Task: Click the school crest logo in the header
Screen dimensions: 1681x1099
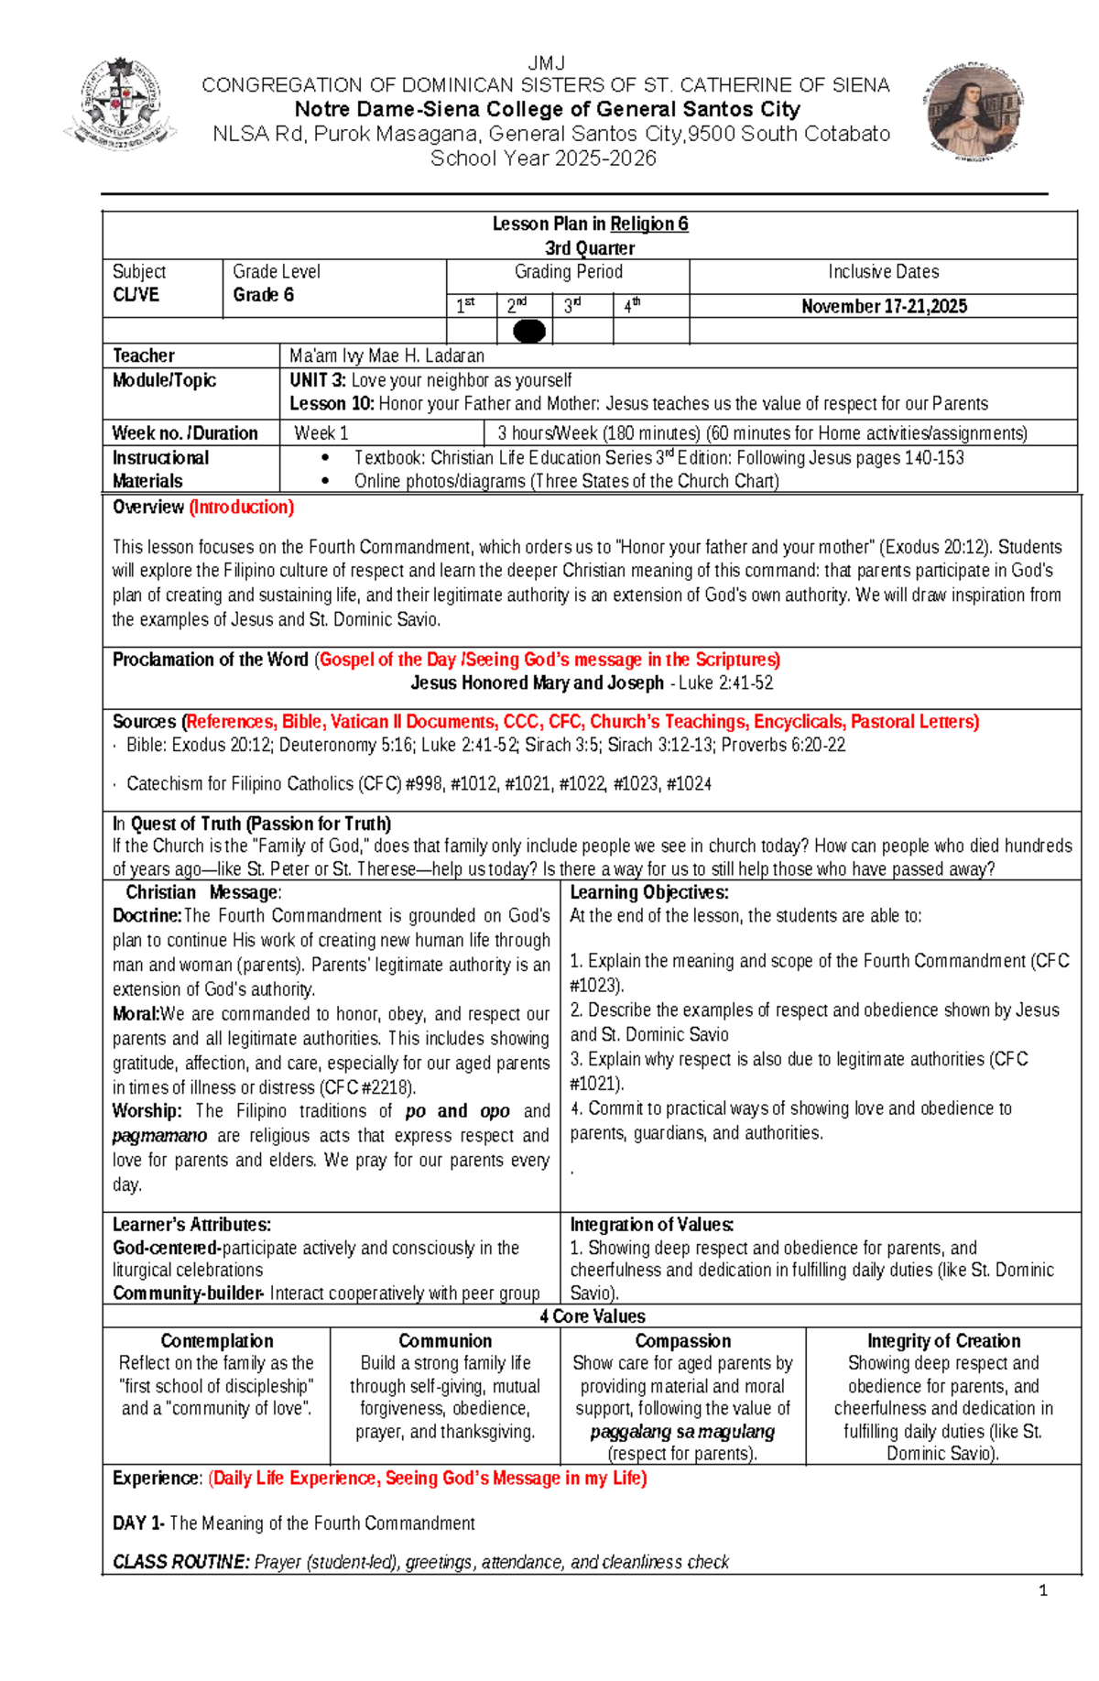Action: click(x=120, y=104)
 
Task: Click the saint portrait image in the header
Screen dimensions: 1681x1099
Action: click(x=974, y=112)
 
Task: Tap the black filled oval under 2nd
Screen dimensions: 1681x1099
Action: click(x=529, y=331)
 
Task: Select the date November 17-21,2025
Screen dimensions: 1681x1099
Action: click(x=884, y=306)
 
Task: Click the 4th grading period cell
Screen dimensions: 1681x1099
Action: click(x=649, y=306)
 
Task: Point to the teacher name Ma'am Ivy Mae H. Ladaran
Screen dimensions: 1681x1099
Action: click(x=386, y=355)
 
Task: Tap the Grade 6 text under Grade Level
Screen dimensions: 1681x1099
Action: click(x=263, y=295)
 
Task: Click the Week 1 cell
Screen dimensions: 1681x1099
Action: click(x=321, y=433)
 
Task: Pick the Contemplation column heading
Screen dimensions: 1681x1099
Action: click(x=217, y=1340)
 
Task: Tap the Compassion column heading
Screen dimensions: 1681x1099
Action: click(x=682, y=1340)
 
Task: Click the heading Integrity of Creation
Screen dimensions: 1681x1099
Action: click(x=943, y=1340)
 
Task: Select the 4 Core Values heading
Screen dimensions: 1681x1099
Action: click(x=592, y=1315)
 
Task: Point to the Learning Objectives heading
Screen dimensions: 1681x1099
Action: click(x=648, y=892)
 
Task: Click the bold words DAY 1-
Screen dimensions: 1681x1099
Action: click(x=138, y=1523)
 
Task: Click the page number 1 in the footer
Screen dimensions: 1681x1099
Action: click(x=1042, y=1590)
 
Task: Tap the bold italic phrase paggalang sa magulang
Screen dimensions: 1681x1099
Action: click(x=682, y=1431)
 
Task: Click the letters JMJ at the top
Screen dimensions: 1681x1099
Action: click(x=546, y=63)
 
